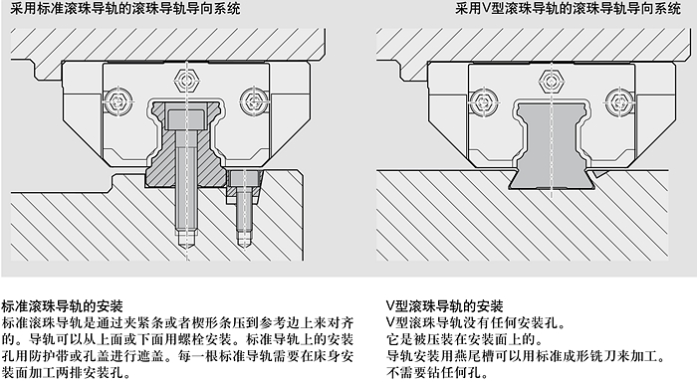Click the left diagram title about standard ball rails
[124, 8]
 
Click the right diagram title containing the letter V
[568, 8]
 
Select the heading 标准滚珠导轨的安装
[62, 306]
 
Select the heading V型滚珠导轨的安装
[444, 306]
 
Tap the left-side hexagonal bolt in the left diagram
[118, 100]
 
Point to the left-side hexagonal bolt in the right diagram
[483, 100]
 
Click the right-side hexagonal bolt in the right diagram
[618, 99]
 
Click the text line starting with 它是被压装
[465, 340]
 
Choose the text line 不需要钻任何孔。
[438, 372]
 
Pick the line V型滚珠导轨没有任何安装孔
[476, 323]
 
